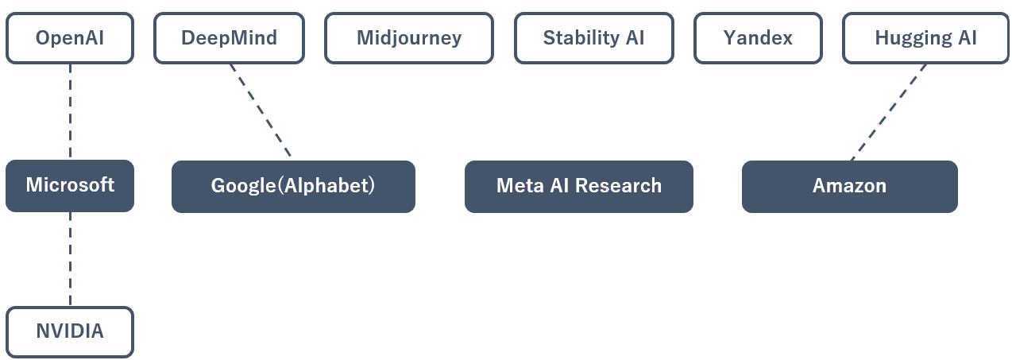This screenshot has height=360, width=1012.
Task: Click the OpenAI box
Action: pos(70,38)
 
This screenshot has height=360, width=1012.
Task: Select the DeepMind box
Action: pos(229,38)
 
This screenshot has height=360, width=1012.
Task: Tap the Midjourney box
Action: pos(409,38)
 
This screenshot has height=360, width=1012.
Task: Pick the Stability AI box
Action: pos(593,38)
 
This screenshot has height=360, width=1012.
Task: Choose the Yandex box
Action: pos(758,38)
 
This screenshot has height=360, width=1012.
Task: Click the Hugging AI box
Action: pos(925,38)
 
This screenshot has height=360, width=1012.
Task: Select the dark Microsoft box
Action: pos(70,185)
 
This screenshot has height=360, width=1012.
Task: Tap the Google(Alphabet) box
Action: pos(293,186)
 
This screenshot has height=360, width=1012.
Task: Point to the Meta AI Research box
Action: pos(579,186)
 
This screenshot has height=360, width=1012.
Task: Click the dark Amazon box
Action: pos(849,186)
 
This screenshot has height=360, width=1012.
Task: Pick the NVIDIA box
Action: pos(70,332)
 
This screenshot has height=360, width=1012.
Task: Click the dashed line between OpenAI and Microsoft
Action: pos(70,112)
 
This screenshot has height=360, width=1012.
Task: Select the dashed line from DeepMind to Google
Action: pos(261,111)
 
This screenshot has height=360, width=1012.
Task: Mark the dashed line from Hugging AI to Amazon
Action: pos(888,112)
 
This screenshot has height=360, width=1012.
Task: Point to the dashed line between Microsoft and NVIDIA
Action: pos(70,259)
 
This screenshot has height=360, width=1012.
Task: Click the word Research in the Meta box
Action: pos(619,185)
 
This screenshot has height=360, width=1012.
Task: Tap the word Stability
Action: pos(581,38)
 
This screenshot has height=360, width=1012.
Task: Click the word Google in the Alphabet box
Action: pos(243,186)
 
